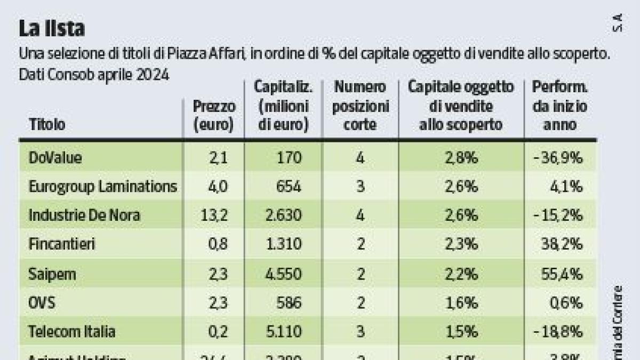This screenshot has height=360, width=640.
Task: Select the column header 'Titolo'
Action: [47, 125]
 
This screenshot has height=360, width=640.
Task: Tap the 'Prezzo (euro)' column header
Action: [214, 116]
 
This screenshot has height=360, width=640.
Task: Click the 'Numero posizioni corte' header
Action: [361, 106]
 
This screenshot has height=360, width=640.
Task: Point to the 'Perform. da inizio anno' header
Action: [559, 106]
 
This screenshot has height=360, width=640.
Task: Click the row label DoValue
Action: [55, 157]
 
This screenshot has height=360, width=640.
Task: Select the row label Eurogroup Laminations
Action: [102, 187]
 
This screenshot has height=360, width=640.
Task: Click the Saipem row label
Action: [52, 274]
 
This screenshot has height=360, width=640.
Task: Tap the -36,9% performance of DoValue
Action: [559, 157]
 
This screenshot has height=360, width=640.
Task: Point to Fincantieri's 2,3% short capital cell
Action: [461, 245]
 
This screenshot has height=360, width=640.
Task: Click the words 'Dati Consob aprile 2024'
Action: [94, 75]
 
